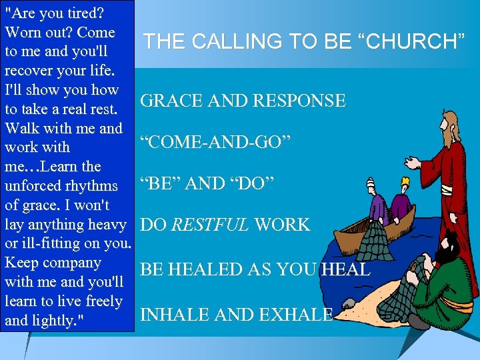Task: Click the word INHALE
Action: pyautogui.click(x=171, y=315)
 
